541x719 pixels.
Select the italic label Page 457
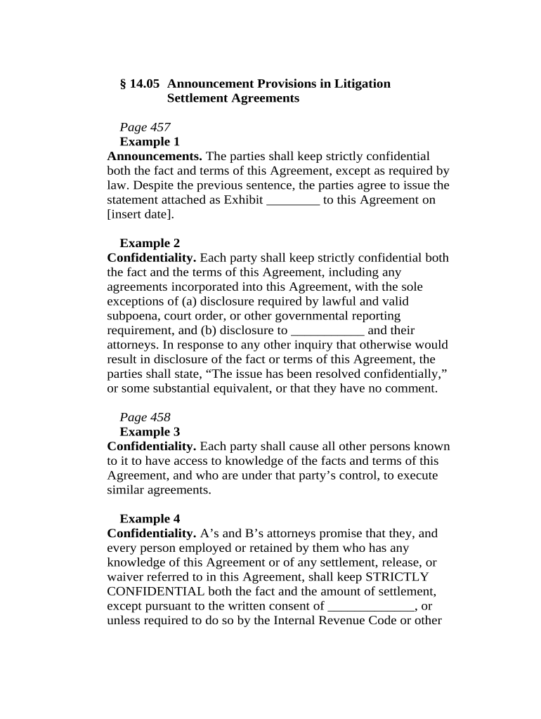(x=145, y=127)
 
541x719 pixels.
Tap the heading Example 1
(x=150, y=142)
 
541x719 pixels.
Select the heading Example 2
(x=150, y=244)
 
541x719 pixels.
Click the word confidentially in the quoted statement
(x=404, y=374)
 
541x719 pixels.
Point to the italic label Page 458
(x=145, y=417)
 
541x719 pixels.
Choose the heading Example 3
(x=150, y=432)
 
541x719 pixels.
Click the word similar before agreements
(x=126, y=490)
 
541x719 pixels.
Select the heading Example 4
(x=150, y=519)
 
